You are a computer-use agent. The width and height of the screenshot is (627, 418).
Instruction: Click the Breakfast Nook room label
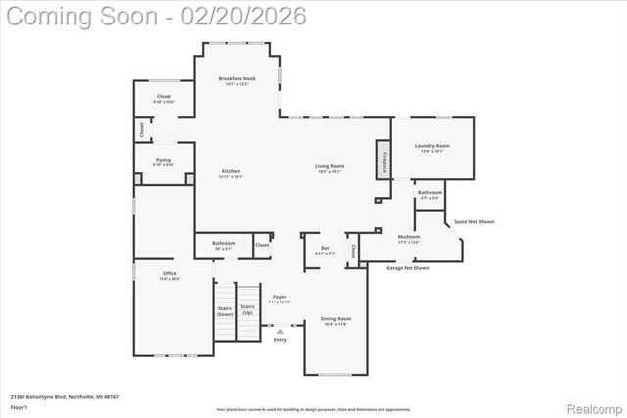tap(237, 78)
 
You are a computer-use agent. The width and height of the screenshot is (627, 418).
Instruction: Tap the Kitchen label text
tap(230, 171)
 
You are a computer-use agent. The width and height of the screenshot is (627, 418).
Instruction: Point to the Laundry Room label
tap(432, 146)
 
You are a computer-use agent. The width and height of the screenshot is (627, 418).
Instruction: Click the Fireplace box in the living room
tap(385, 161)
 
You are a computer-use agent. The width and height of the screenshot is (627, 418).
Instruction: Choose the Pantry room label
tap(164, 160)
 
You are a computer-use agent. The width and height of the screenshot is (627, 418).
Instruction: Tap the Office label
tap(169, 273)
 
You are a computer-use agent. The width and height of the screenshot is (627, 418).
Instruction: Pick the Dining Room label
tap(336, 319)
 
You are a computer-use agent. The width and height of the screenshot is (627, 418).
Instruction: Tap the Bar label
tap(325, 249)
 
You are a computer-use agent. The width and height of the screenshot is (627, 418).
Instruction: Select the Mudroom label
tap(409, 237)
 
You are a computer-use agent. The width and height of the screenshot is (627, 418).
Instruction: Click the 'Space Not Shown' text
tap(474, 222)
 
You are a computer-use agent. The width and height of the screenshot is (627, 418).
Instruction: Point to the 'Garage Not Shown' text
tap(408, 267)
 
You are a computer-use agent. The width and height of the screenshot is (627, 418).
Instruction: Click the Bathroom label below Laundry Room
tap(429, 192)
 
